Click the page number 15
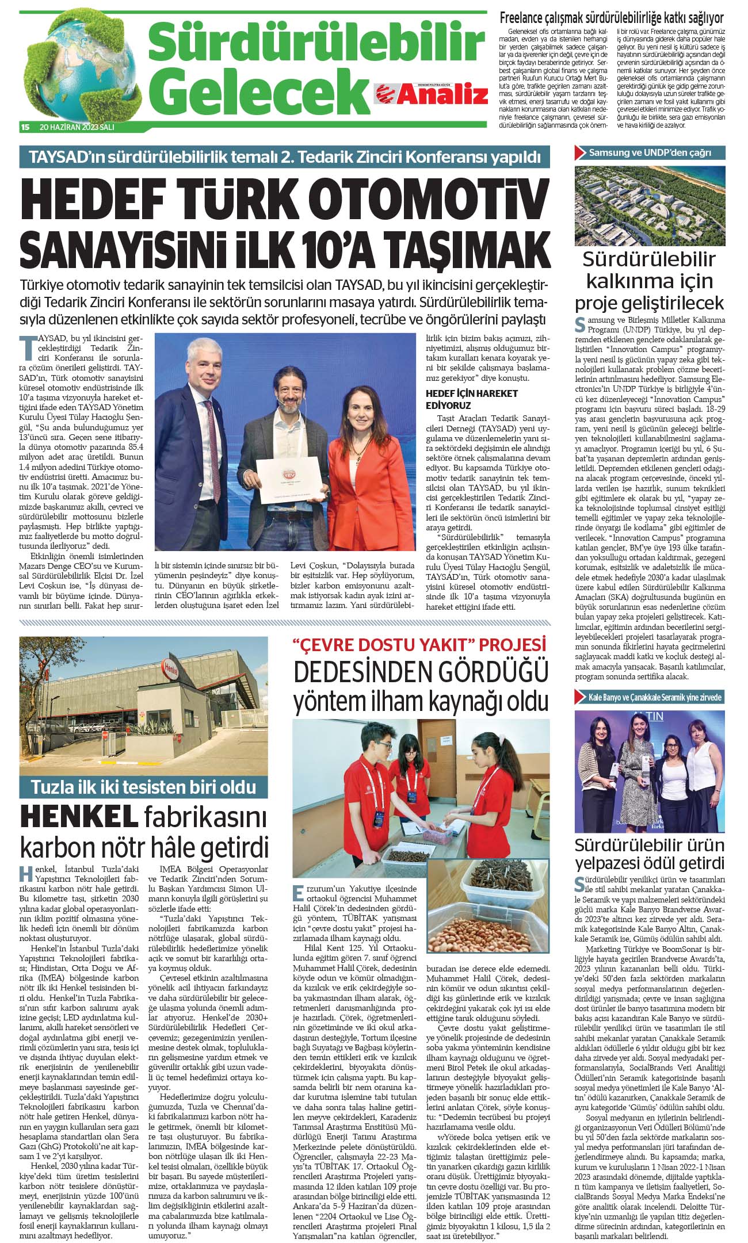pyautogui.click(x=25, y=127)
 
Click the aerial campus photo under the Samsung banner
pyautogui.click(x=650, y=205)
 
